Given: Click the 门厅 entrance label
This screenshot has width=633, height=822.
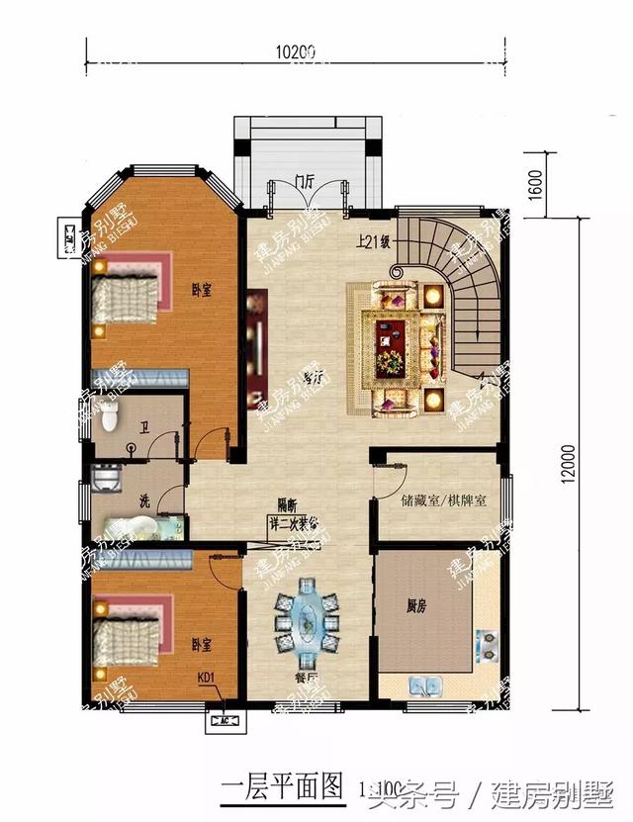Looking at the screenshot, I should pyautogui.click(x=304, y=181).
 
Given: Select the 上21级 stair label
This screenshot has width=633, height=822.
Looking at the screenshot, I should pyautogui.click(x=375, y=240).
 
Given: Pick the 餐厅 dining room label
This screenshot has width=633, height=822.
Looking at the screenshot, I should pyautogui.click(x=305, y=679).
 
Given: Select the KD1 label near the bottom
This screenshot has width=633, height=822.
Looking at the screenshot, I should pyautogui.click(x=207, y=678).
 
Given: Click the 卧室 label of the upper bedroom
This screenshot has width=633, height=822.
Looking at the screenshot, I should pyautogui.click(x=203, y=290).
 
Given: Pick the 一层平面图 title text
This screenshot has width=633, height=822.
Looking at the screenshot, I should pyautogui.click(x=280, y=787).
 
